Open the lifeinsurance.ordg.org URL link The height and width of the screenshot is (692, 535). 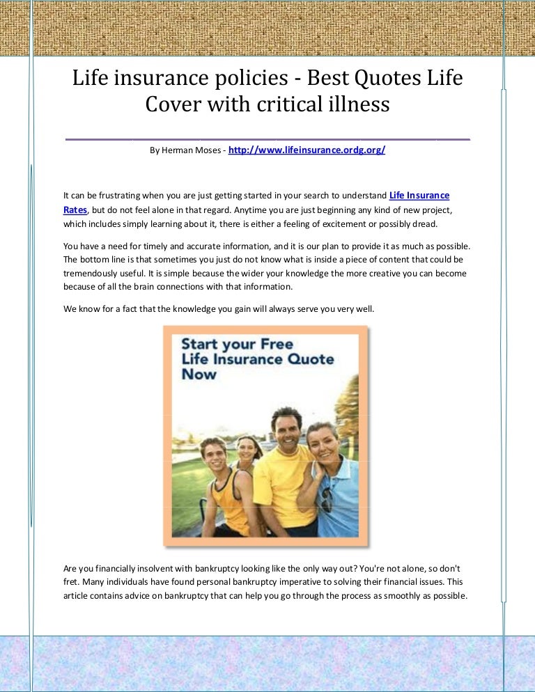coord(307,150)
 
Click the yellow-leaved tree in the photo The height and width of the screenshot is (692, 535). coord(347,404)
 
